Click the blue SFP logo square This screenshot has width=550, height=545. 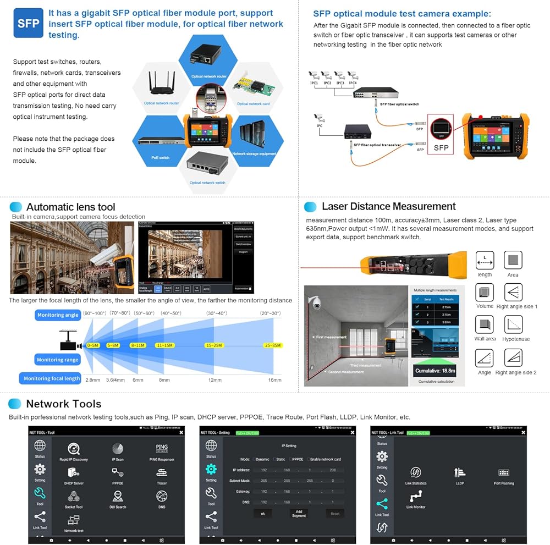pos(28,23)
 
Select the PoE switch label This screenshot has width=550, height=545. pos(161,158)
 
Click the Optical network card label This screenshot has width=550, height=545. pos(253,104)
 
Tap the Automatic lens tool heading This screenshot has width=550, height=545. pos(70,207)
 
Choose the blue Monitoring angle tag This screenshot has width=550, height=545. pos(58,315)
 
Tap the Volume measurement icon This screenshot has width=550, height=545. pos(485,293)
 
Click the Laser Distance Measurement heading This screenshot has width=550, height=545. pos(388,207)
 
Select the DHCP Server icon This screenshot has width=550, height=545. pos(74,472)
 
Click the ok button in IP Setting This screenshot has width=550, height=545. pos(263,513)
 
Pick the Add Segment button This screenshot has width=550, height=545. pos(299,513)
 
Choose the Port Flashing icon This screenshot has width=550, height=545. pos(504,472)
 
